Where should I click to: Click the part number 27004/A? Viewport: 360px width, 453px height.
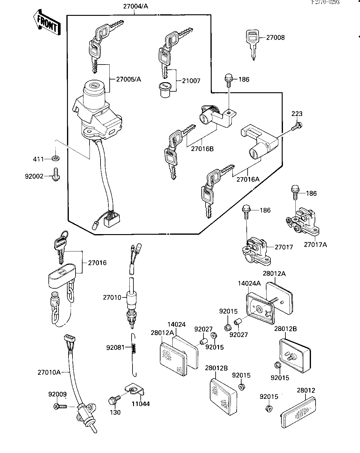pos(136,6)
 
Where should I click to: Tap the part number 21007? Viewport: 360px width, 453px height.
pos(191,81)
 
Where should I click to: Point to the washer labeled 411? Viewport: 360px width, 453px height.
pos(55,158)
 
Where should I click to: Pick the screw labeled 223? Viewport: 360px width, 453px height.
pos(296,126)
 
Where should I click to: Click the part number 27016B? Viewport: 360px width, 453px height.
pos(202,149)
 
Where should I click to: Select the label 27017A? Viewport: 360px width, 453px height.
pos(315,244)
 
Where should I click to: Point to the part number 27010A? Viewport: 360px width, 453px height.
pos(49,372)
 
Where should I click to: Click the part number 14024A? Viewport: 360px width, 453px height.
pos(249,284)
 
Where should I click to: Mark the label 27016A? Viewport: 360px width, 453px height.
pos(248,179)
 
